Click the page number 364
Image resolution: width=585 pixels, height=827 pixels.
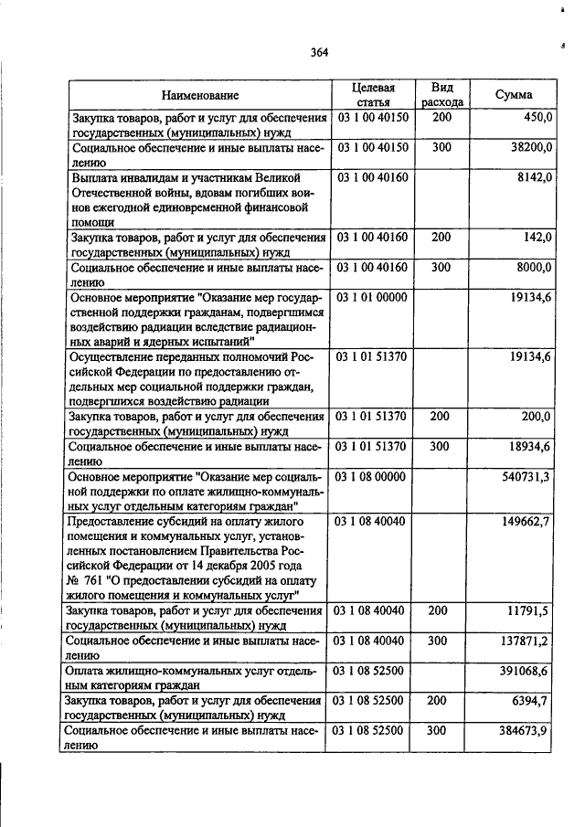pos(318,52)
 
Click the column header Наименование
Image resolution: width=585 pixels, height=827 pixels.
pos(200,95)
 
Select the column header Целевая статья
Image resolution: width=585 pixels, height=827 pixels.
pos(373,95)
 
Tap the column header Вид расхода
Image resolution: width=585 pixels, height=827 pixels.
pos(442,95)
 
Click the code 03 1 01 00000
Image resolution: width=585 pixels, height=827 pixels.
pos(372,297)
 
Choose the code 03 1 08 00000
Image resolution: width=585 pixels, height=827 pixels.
pos(372,476)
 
